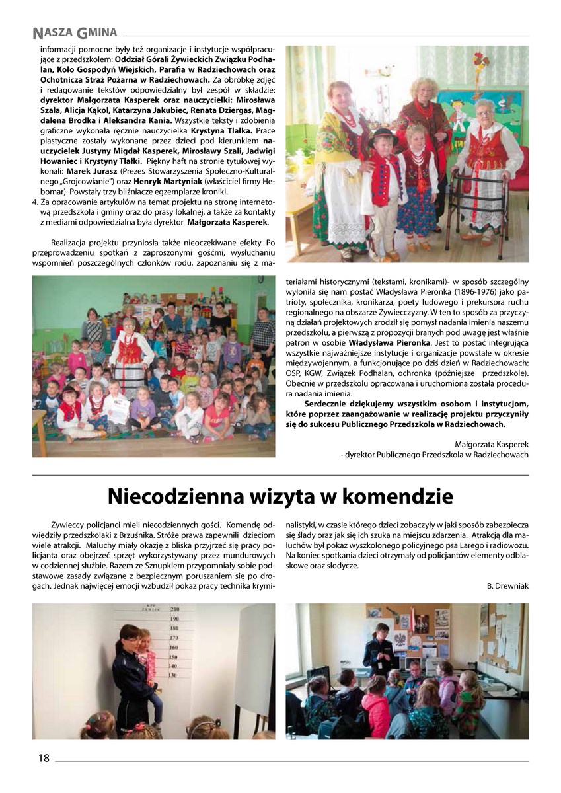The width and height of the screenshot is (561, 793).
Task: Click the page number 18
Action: click(x=44, y=758)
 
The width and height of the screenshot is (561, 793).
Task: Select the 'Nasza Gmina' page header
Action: click(x=75, y=32)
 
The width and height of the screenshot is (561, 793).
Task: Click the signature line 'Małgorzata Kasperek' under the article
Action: click(x=492, y=443)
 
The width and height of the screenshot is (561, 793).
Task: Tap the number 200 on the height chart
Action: click(x=175, y=609)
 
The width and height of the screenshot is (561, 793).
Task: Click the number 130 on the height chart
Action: click(x=172, y=675)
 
